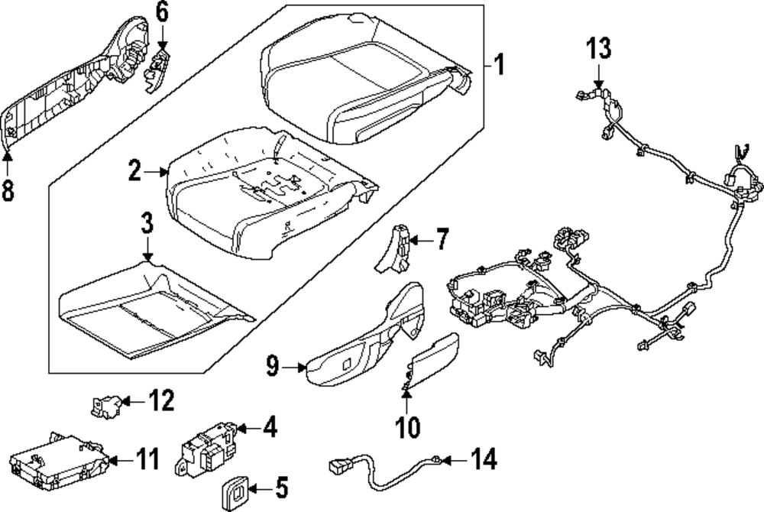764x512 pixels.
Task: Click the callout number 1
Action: (x=498, y=65)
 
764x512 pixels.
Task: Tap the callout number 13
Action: (x=599, y=49)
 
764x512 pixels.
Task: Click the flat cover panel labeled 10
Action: (x=432, y=358)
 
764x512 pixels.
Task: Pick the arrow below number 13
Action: (x=599, y=76)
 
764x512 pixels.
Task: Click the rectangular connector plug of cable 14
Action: (x=338, y=464)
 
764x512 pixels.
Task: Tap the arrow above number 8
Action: (x=8, y=159)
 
